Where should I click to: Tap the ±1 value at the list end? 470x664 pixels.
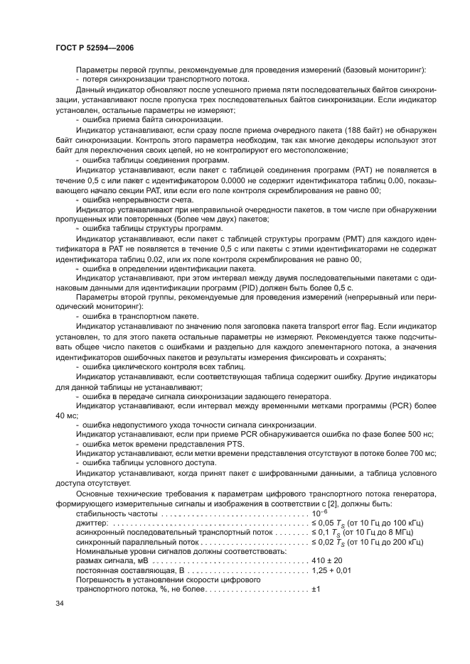pyautogui.click(x=317, y=589)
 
